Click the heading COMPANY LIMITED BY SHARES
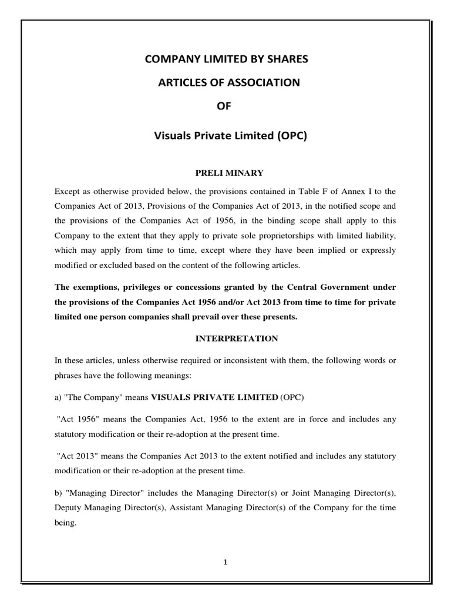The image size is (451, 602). pos(225,59)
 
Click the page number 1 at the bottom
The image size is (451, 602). pos(225,561)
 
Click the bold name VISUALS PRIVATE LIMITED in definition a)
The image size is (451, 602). pos(214,397)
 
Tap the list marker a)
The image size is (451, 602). pos(58,397)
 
